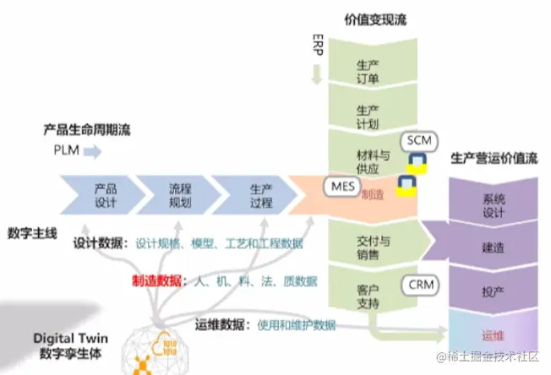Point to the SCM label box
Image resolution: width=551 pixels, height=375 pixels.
[418, 139]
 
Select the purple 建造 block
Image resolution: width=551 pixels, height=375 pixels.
[493, 250]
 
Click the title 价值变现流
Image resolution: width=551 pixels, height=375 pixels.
[375, 19]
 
